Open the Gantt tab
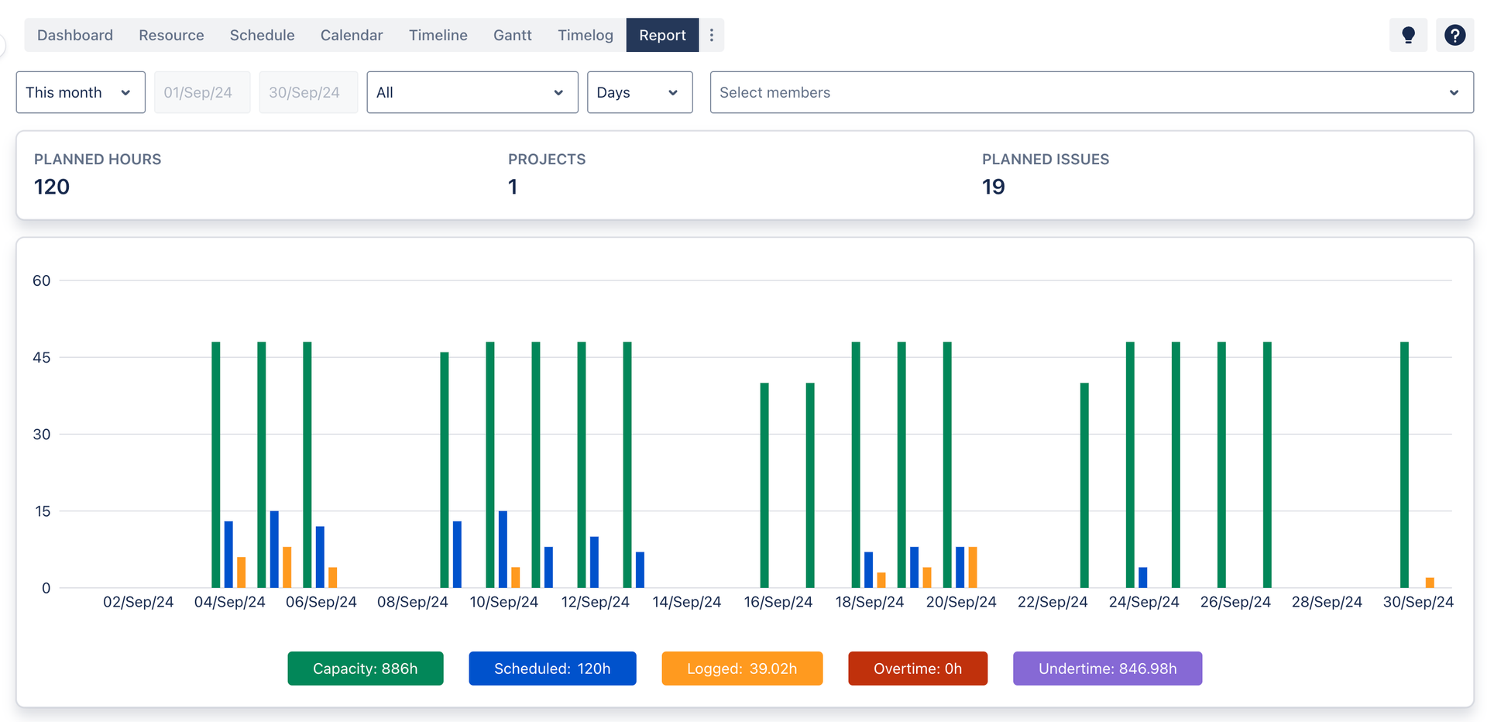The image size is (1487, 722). tap(512, 35)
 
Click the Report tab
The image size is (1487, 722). tap(662, 35)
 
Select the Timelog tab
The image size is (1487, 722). tap(585, 35)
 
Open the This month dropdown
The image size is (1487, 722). tap(81, 92)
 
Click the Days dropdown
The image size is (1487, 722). tap(640, 92)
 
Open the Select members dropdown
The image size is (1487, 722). tap(1091, 92)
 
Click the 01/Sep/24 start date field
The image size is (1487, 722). tap(202, 92)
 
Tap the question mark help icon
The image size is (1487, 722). tap(1454, 35)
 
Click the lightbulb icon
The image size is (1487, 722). tap(1408, 35)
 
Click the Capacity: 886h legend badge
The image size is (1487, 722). tap(366, 669)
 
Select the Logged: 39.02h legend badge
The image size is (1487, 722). tap(742, 669)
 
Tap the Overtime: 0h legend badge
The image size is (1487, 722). tap(918, 669)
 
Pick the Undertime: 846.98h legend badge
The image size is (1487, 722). tap(1108, 669)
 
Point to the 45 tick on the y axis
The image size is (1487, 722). tap(42, 357)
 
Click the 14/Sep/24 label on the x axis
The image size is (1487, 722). tap(687, 602)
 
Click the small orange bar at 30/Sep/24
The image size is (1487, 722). tap(1430, 583)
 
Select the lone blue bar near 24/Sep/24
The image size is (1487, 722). tap(1142, 577)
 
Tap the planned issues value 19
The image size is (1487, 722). tap(993, 187)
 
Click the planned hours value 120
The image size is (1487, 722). tap(52, 187)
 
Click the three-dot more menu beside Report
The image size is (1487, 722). tap(712, 35)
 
